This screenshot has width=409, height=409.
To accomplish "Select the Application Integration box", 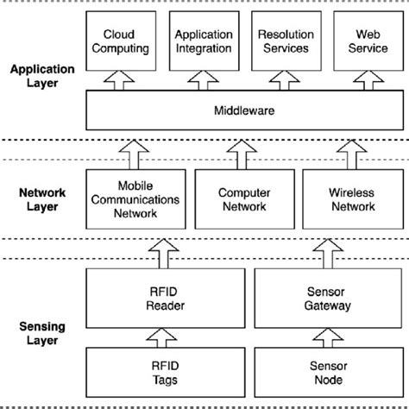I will tap(204, 42).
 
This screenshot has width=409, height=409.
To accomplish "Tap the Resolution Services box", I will tap(284, 42).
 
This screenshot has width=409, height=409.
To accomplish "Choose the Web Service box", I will tap(362, 42).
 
